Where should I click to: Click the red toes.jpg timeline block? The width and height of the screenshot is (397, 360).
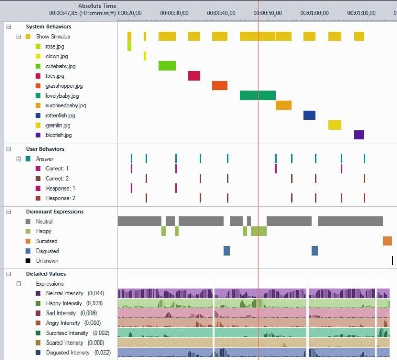(194, 76)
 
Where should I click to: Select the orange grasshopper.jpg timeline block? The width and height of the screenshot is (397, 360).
(220, 86)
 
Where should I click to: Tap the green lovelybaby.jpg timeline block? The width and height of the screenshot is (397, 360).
(257, 96)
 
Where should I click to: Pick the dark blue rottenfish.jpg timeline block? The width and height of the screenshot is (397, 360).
(309, 115)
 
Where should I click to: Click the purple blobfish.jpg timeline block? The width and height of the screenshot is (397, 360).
(359, 135)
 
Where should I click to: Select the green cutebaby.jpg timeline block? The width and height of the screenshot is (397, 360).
(167, 66)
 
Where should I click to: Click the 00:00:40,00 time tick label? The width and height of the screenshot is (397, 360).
(221, 13)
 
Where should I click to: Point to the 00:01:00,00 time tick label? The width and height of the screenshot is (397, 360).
(314, 13)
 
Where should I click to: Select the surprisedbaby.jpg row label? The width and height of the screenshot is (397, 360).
(66, 105)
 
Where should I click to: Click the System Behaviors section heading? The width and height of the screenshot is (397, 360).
(49, 26)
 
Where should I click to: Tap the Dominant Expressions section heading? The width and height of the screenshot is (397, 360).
(54, 211)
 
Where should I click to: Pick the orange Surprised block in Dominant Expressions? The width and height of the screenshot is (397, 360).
(387, 241)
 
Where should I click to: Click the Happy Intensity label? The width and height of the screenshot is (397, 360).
(64, 303)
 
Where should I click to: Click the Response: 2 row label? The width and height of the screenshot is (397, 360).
(60, 198)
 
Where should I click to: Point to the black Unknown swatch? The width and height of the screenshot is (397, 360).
(28, 261)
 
